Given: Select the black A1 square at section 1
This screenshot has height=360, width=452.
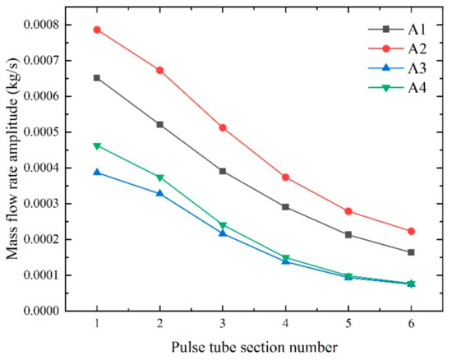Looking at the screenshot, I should click(97, 78).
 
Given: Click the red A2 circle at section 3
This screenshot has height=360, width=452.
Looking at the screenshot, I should click(223, 127).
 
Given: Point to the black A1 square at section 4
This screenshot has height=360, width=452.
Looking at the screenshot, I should click(285, 207).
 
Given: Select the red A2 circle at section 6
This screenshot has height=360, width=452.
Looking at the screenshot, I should click(411, 231).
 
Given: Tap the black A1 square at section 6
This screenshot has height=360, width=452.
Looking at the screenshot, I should click(411, 252).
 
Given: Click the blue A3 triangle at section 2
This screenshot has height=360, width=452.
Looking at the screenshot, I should click(159, 193).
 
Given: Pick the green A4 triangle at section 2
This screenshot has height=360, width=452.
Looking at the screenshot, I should click(159, 178).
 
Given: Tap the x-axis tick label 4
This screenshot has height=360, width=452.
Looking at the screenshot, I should click(285, 324).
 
